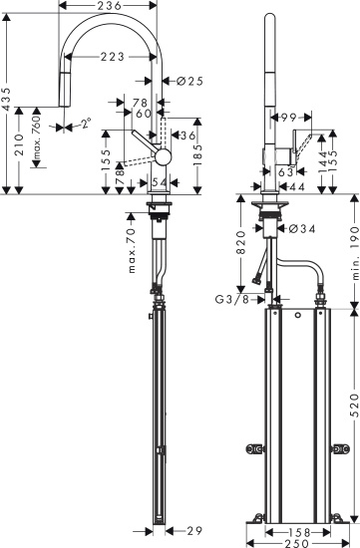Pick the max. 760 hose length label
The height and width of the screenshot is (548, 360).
[x=36, y=138]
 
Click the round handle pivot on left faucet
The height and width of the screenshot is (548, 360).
[x=162, y=155]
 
